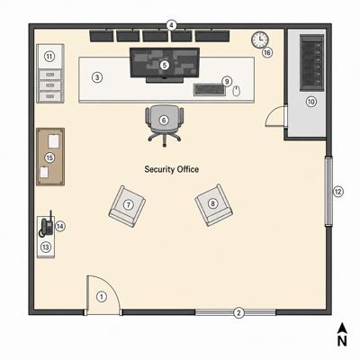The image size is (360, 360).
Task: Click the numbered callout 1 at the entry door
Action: point(102,297)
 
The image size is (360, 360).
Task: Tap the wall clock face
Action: point(260,40)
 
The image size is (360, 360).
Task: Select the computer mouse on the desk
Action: point(237,91)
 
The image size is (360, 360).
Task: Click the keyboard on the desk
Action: point(210,90)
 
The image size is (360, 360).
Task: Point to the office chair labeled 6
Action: point(164,125)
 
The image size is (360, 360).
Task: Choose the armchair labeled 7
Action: point(127,206)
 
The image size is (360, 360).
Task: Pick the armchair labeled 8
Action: point(213,205)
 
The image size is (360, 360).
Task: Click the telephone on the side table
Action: point(47,226)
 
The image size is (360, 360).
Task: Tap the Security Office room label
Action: point(172,169)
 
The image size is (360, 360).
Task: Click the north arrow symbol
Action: point(342,328)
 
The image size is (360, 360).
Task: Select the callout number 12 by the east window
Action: point(338,192)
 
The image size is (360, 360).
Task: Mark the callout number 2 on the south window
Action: point(238,312)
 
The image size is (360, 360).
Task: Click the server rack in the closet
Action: point(312,62)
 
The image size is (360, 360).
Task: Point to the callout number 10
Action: point(311,102)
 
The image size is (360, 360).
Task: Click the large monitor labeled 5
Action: point(165,65)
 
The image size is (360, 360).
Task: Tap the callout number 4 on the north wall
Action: point(171,25)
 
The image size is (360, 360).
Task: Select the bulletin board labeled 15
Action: point(50,157)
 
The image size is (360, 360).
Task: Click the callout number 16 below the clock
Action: point(267,53)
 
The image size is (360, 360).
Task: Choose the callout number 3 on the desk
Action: point(97,77)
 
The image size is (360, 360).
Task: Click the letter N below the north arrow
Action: point(342,341)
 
